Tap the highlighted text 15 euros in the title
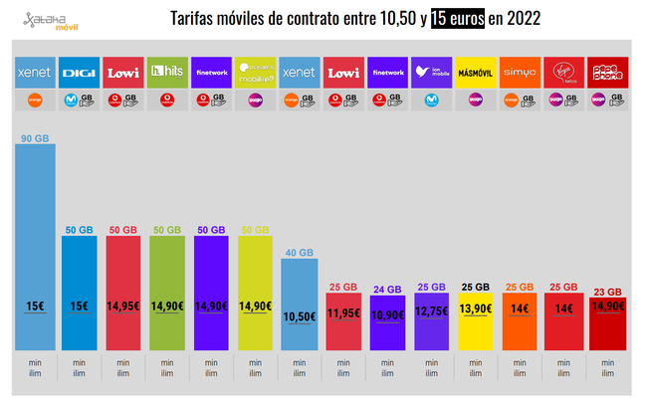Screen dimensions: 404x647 (457, 18)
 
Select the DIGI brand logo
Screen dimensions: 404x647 (79, 73)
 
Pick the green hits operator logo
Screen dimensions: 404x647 (166, 73)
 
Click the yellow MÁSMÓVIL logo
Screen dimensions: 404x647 (474, 73)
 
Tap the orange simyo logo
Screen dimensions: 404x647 (518, 73)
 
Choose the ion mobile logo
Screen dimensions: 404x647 (430, 73)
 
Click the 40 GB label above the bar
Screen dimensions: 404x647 (299, 252)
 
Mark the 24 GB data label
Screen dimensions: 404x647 (386, 289)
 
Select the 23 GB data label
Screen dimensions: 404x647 (606, 291)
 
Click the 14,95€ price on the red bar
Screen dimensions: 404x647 (122, 307)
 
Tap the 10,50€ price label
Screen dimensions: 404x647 (299, 316)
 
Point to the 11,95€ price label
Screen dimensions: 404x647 (342, 312)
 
